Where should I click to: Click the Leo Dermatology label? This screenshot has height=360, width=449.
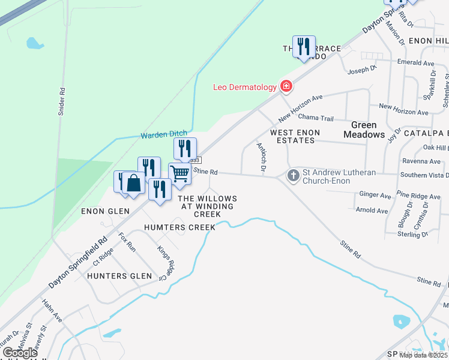[x=245, y=87]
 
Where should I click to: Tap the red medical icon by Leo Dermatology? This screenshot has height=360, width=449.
[x=286, y=86]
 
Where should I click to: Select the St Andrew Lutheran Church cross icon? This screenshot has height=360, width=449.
[x=294, y=176]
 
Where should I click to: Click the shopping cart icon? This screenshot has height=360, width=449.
[x=180, y=173]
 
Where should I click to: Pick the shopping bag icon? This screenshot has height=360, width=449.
[x=134, y=184]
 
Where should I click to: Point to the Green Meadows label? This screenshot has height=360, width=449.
[x=364, y=130]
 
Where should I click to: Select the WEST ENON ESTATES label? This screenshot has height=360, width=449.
[x=295, y=136]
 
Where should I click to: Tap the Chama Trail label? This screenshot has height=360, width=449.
[x=315, y=118]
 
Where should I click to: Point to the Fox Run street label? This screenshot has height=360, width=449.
[x=127, y=241]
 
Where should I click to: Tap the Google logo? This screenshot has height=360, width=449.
[x=20, y=352]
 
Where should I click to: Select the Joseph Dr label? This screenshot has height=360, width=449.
[x=361, y=70]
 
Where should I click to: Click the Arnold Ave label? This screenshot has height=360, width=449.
[x=372, y=211]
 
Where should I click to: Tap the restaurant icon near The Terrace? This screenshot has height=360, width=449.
[x=304, y=46]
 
